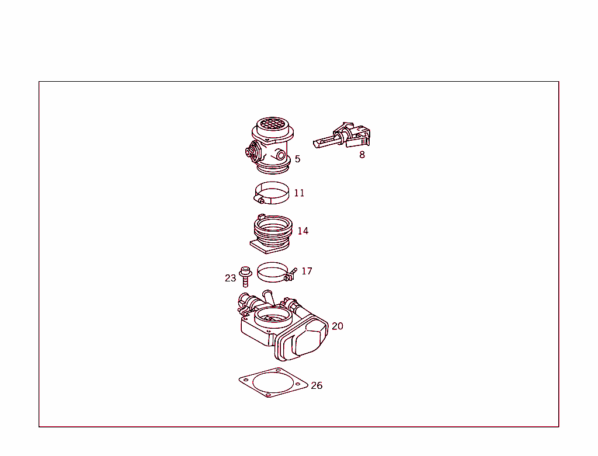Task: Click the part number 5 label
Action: (297, 159)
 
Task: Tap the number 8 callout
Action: (362, 155)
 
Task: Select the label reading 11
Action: (299, 193)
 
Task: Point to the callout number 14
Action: (303, 231)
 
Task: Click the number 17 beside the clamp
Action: (307, 271)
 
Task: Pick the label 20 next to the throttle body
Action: (338, 326)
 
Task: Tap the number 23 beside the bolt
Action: (230, 278)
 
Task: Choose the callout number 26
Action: (317, 385)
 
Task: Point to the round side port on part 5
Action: (281, 155)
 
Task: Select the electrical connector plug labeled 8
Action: (345, 136)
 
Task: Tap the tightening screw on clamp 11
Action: (261, 201)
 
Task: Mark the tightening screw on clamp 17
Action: (290, 275)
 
